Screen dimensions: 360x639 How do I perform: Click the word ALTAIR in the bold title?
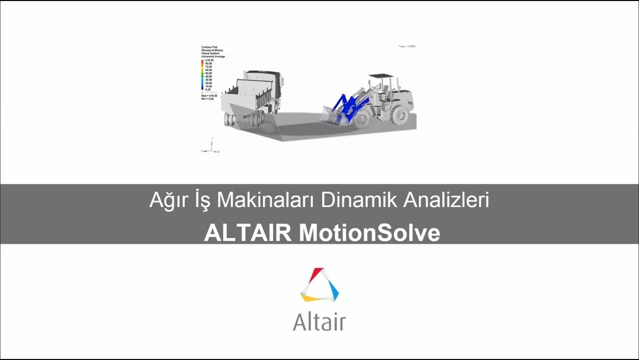(x=248, y=233)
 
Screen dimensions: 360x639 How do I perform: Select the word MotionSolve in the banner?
(x=369, y=233)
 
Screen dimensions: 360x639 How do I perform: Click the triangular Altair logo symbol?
(x=319, y=285)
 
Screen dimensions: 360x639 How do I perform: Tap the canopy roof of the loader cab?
(x=381, y=76)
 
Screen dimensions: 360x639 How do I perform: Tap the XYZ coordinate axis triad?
(x=211, y=147)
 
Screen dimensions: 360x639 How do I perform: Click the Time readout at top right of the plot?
(x=406, y=46)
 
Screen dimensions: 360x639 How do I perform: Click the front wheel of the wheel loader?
(x=362, y=118)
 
